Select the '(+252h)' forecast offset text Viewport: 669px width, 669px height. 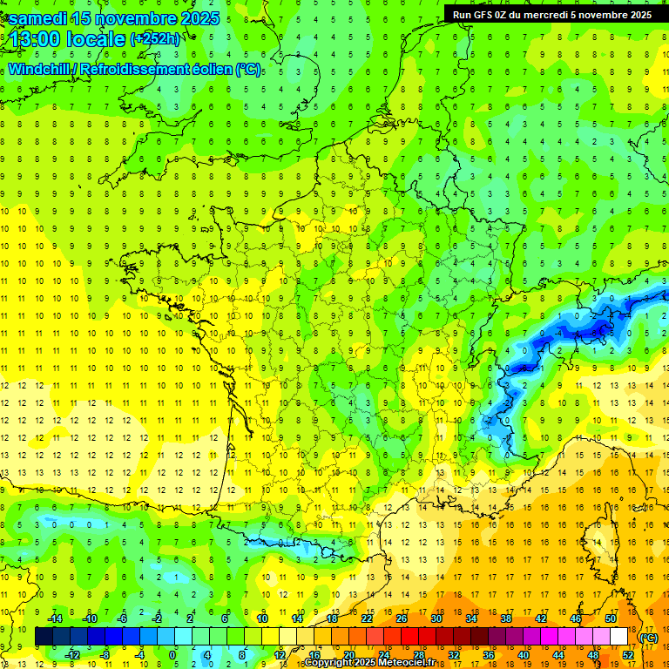point(155,39)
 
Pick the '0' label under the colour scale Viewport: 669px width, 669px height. point(172,655)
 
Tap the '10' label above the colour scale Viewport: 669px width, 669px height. point(261,618)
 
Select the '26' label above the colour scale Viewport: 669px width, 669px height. point(402,618)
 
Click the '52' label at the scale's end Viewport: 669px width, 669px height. point(627,655)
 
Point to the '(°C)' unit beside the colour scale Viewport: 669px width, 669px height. point(649,638)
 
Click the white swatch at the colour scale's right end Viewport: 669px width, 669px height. point(618,637)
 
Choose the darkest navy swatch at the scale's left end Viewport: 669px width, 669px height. point(44,637)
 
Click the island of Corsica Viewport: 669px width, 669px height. point(595,540)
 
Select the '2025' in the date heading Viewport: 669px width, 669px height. point(191,18)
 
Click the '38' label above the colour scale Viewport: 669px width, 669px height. point(506,618)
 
